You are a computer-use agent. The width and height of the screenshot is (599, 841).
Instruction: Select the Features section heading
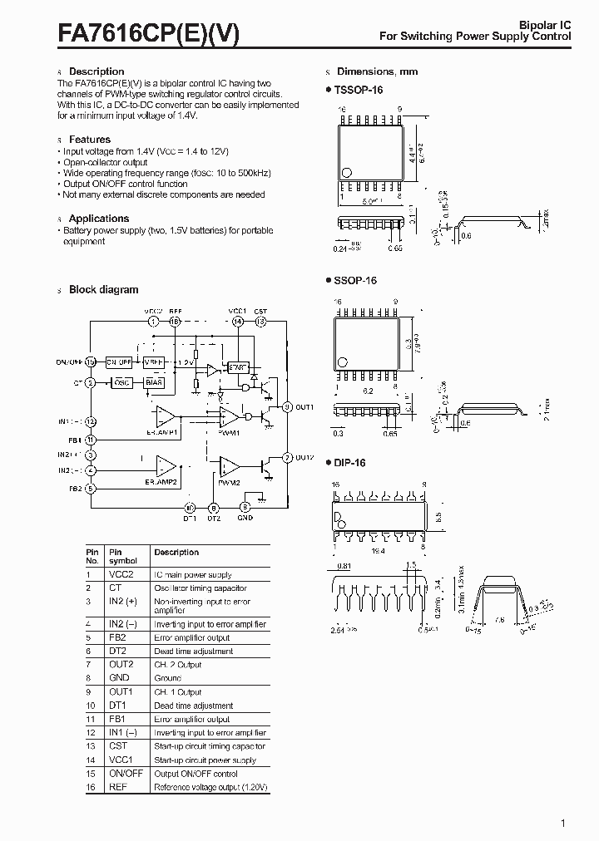pyautogui.click(x=89, y=140)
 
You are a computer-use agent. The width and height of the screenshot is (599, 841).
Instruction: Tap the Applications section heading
pyautogui.click(x=98, y=219)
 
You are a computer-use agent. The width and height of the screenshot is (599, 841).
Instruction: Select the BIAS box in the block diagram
pyautogui.click(x=153, y=382)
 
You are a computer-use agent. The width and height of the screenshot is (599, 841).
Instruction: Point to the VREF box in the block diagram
pyautogui.click(x=153, y=362)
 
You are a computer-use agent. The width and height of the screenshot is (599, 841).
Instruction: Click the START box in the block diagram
pyautogui.click(x=238, y=366)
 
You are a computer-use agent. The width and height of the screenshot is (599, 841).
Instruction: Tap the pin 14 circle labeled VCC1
pyautogui.click(x=238, y=321)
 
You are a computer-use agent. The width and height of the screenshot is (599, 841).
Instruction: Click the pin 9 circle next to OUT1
pyautogui.click(x=287, y=407)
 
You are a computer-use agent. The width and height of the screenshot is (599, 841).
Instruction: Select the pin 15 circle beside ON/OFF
pyautogui.click(x=91, y=362)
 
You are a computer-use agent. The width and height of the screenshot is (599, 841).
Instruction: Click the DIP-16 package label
pyautogui.click(x=350, y=463)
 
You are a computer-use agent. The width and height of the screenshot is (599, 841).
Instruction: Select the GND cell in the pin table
pyautogui.click(x=119, y=678)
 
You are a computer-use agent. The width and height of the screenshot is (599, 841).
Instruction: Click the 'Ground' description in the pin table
pyautogui.click(x=168, y=678)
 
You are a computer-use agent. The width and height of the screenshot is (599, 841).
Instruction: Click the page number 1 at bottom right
pyautogui.click(x=563, y=824)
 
